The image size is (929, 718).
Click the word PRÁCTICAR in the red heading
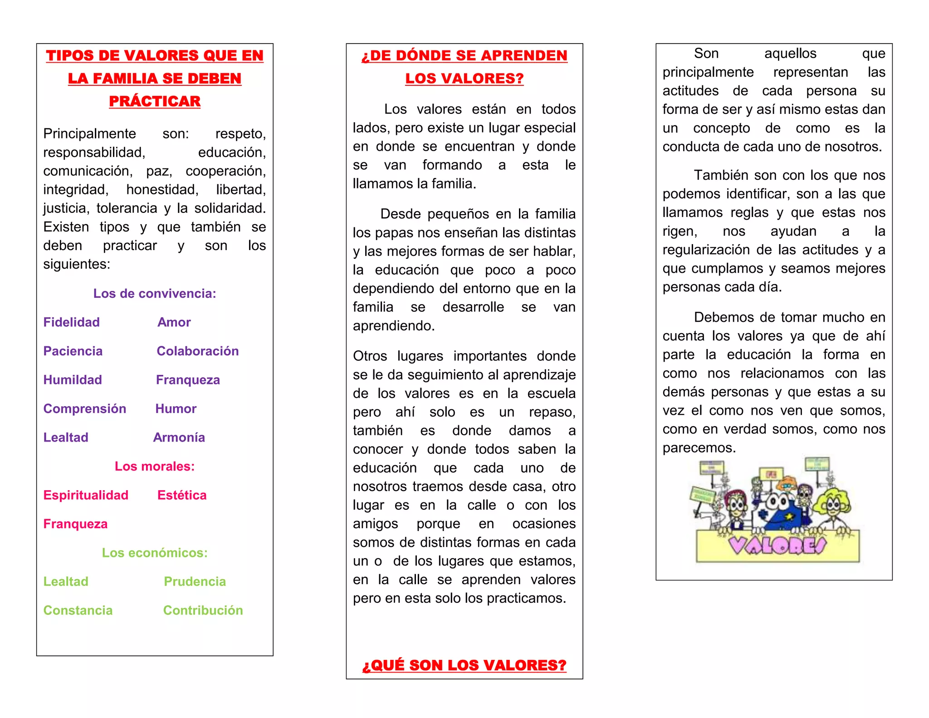155,101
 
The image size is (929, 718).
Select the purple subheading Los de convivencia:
155,294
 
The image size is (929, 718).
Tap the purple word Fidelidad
71,322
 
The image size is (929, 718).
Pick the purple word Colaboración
197,351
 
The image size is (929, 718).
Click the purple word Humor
176,408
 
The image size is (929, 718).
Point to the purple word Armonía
179,437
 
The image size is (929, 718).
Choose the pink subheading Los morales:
155,466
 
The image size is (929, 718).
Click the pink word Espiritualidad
86,495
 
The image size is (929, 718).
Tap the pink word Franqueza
75,524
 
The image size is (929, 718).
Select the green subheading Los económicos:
155,552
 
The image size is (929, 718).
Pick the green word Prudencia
195,581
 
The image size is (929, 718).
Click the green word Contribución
203,610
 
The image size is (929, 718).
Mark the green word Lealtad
66,581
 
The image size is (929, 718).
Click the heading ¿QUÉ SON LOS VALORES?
464,665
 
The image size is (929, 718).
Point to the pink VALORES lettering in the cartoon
777,545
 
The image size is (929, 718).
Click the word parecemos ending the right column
698,448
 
